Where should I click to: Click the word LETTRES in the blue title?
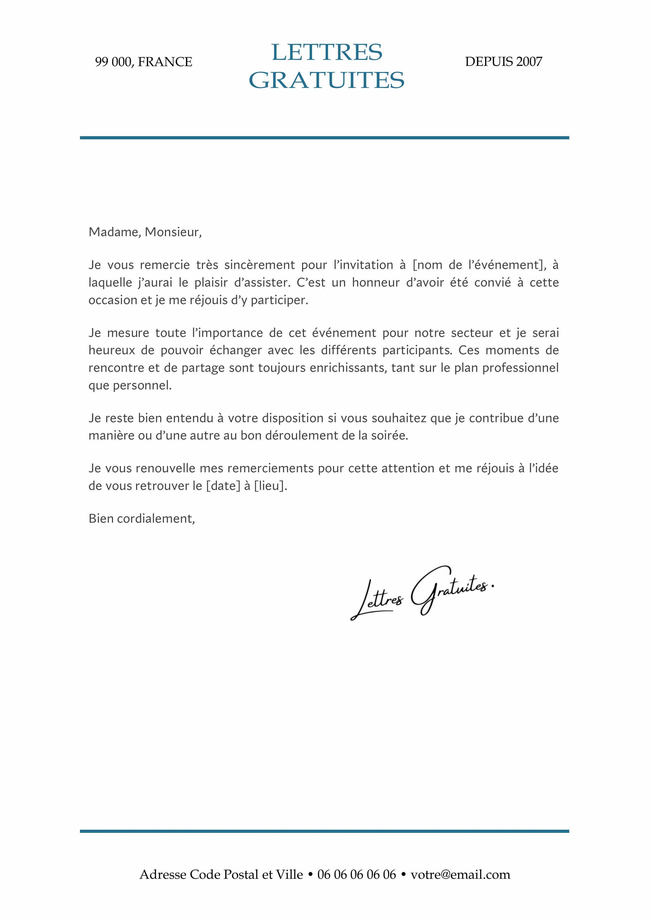click(x=327, y=52)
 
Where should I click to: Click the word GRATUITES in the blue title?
click(x=327, y=80)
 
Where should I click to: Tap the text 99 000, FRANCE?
click(x=143, y=62)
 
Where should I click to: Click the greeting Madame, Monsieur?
click(x=145, y=232)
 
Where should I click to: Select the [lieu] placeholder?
click(x=270, y=486)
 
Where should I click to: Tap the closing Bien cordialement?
click(x=142, y=519)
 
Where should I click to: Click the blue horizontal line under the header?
click(x=325, y=137)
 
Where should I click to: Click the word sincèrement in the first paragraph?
click(x=259, y=265)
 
